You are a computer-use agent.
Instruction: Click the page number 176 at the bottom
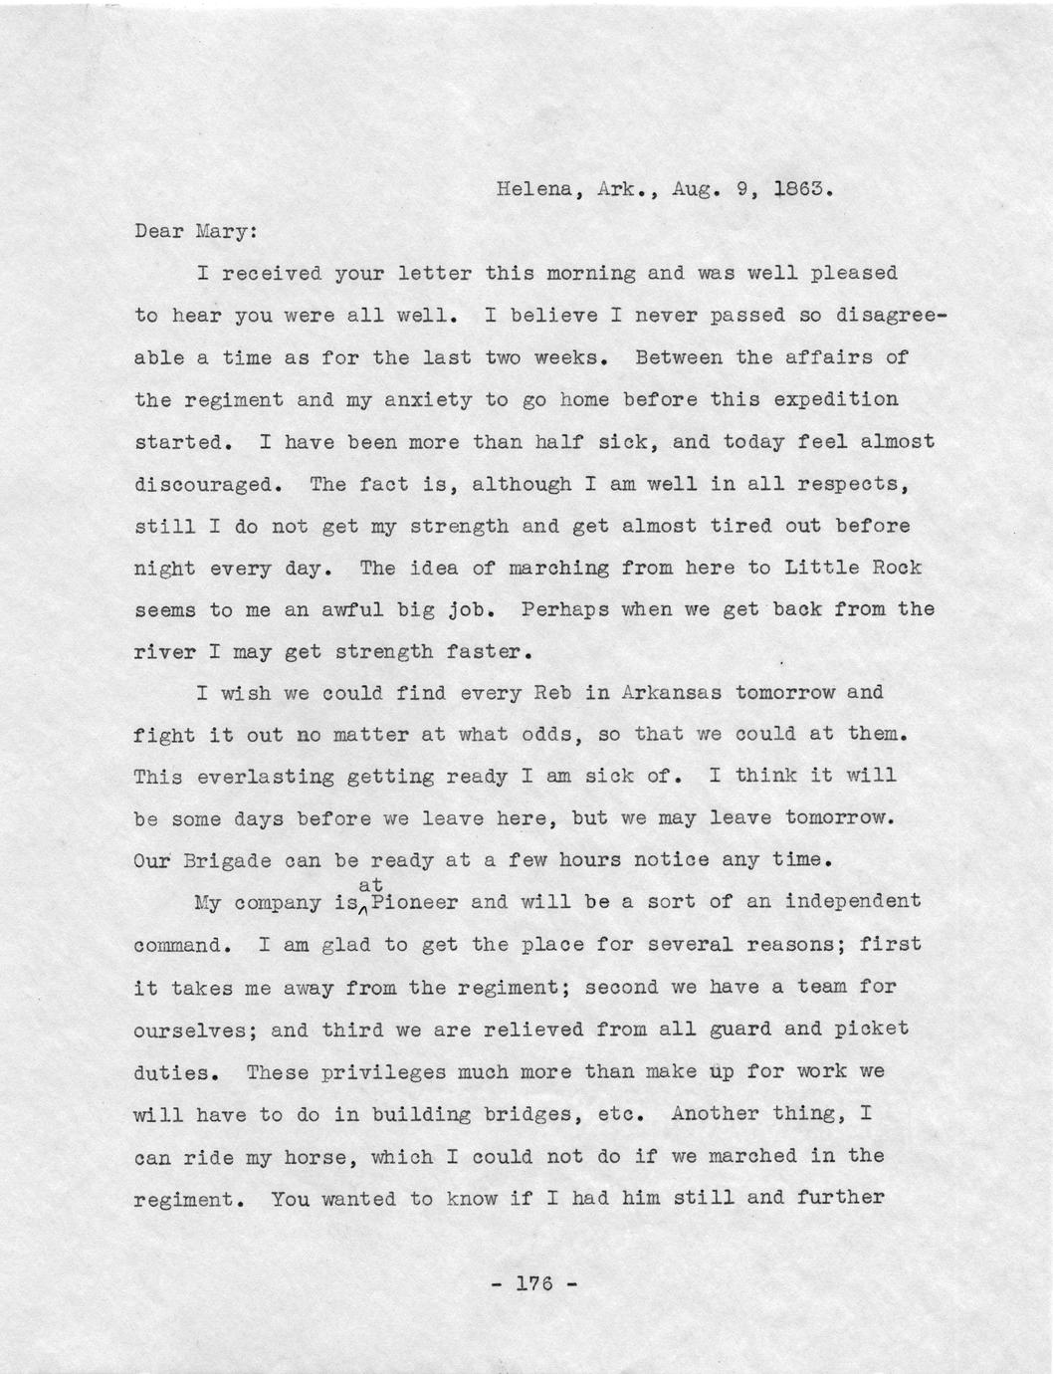[533, 1282]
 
